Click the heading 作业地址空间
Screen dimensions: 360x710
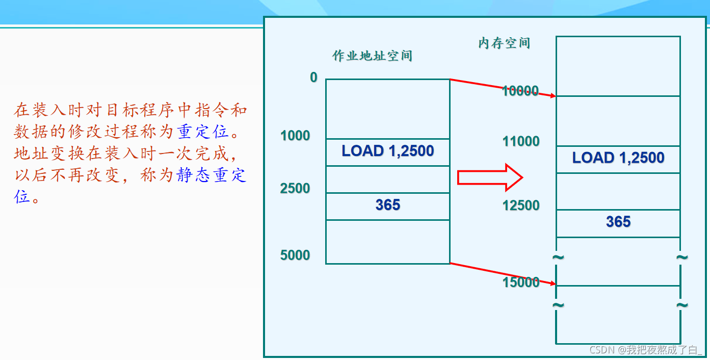pos(372,56)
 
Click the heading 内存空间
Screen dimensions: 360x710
pos(504,43)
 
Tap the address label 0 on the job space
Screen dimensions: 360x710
pos(313,78)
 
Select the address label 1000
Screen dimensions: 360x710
pos(295,136)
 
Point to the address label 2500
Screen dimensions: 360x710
pos(295,189)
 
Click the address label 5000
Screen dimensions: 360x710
pos(295,255)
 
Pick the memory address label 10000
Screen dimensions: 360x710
pos(520,91)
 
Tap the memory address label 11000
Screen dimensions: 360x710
pos(521,141)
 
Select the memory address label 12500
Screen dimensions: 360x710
pos(521,205)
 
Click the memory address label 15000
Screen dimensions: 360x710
pos(521,282)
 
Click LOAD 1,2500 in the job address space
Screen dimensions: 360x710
pos(388,151)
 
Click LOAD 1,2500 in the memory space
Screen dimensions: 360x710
pos(618,158)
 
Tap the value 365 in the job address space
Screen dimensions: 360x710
pos(388,205)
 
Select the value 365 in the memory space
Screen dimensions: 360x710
pos(618,222)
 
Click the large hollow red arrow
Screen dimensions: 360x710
pos(490,177)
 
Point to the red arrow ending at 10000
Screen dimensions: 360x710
pos(502,87)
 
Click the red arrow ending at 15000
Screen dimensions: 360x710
pos(502,273)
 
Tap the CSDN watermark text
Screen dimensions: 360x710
pos(645,350)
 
